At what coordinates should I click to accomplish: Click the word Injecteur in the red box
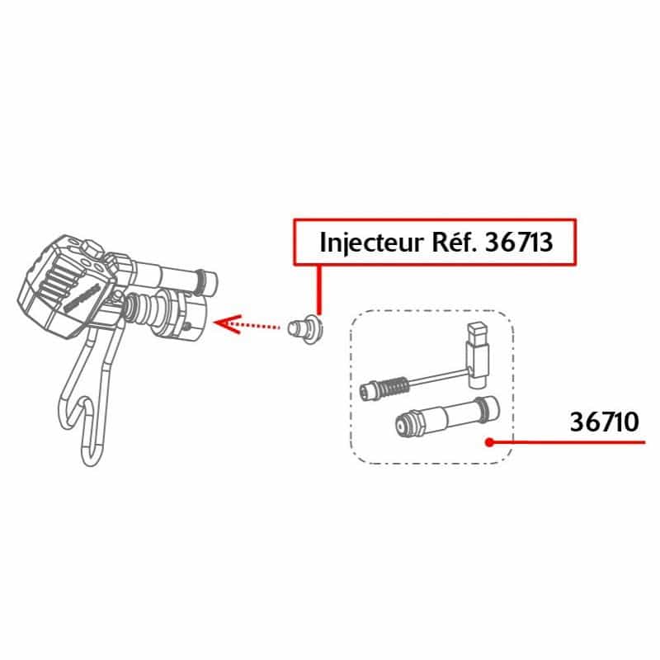pos(371,243)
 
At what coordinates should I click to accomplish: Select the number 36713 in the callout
pos(519,242)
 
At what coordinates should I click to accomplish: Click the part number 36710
pos(604,422)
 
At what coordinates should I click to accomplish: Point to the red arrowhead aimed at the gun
pos(228,323)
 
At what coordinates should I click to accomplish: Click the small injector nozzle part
pos(305,328)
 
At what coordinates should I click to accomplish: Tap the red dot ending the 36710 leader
pos(488,442)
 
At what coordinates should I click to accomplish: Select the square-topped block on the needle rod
pos(478,355)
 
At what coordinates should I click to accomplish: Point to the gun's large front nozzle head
pos(185,315)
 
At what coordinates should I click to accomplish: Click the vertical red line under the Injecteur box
pos(319,290)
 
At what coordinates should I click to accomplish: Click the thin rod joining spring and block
pos(438,377)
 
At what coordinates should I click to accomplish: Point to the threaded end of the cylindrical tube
pos(407,425)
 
